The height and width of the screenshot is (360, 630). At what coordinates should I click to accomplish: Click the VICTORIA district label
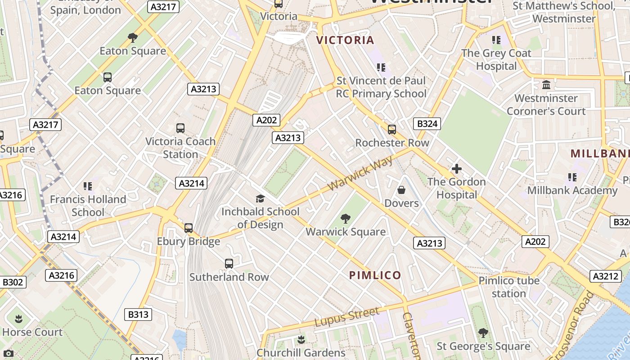coord(345,40)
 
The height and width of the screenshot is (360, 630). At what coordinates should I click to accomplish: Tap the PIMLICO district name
coord(375,275)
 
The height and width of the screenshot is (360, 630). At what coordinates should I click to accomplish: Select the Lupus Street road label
coord(346,317)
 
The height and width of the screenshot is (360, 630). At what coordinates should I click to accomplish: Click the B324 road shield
coord(427,124)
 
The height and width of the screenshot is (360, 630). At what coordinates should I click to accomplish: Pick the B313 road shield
coord(138,314)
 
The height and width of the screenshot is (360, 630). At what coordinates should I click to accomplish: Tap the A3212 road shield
coord(605,276)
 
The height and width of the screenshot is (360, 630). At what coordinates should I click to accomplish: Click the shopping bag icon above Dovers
coord(401,190)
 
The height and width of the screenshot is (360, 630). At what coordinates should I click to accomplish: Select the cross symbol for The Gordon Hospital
coord(457,169)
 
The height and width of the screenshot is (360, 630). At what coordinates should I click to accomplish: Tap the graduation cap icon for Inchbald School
coord(260,198)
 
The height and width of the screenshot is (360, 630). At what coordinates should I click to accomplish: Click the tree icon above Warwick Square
coord(346,219)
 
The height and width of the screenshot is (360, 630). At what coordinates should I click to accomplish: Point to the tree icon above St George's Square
coord(483,333)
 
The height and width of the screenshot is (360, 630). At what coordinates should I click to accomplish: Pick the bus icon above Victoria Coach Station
coord(180,128)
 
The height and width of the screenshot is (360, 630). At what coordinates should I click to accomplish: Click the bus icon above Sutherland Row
coord(229,264)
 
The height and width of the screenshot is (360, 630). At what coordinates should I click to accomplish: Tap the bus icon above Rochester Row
coord(392,130)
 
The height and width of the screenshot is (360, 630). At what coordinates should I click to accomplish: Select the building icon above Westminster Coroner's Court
coord(546,85)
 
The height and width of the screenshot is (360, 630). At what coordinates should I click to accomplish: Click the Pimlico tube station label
coord(508,287)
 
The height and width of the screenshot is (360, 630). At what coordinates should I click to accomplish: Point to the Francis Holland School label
coord(88,206)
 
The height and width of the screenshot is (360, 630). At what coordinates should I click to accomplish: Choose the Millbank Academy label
coord(572,190)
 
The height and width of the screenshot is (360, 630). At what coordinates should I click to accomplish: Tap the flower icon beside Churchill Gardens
coord(301,339)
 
